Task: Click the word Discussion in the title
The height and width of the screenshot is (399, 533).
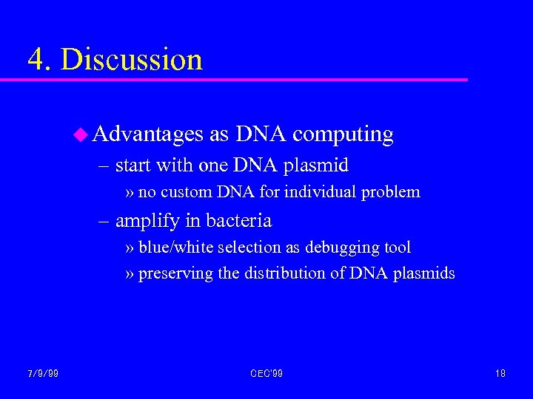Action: pyautogui.click(x=132, y=59)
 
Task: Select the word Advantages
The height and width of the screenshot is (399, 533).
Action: pyautogui.click(x=148, y=134)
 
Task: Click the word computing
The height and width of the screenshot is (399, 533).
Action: pyautogui.click(x=343, y=134)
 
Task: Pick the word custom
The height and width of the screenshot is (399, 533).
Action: pyautogui.click(x=187, y=192)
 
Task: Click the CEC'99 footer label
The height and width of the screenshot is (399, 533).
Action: pyautogui.click(x=266, y=373)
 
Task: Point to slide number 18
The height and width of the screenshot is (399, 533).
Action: pyautogui.click(x=500, y=373)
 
